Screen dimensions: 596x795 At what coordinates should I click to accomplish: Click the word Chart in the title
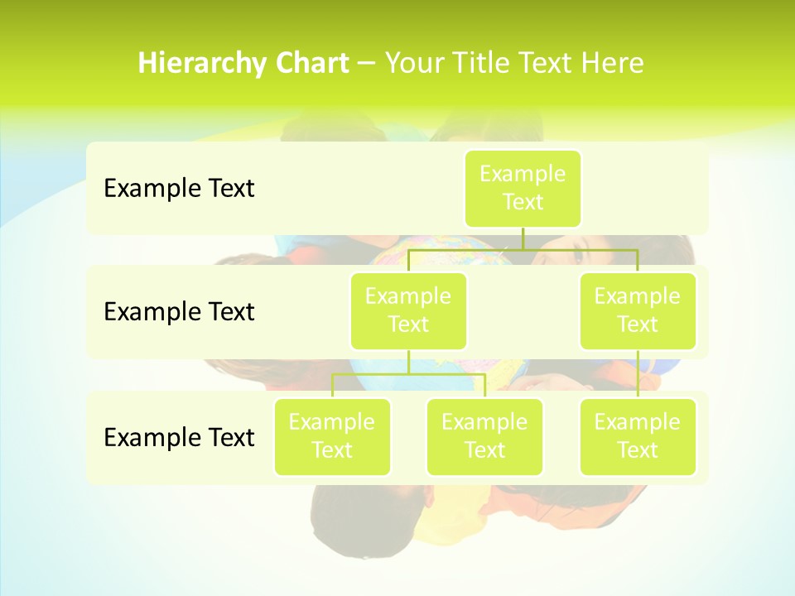[x=311, y=64]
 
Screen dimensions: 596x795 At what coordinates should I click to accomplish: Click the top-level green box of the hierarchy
[x=523, y=189]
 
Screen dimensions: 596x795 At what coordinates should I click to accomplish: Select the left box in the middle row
[x=408, y=311]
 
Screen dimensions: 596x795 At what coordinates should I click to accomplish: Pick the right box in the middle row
[x=638, y=311]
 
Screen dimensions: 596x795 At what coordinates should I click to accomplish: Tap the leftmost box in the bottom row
[x=332, y=437]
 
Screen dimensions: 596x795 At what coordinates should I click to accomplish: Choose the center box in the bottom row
[x=484, y=437]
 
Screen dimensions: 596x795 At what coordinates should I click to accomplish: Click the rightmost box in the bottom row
[x=638, y=437]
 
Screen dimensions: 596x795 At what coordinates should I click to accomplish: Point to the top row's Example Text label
[x=179, y=189]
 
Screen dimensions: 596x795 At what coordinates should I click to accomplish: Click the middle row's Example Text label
[x=179, y=312]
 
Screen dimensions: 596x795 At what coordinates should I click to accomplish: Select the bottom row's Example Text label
[x=179, y=437]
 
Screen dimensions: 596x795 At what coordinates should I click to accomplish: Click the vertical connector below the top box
[x=523, y=238]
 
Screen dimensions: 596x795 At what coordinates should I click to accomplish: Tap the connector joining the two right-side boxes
[x=638, y=374]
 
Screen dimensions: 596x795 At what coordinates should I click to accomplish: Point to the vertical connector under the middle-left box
[x=408, y=362]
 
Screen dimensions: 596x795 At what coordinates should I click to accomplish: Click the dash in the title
[x=367, y=64]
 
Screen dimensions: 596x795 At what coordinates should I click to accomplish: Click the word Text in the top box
[x=523, y=202]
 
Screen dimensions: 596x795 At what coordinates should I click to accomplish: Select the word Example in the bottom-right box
[x=638, y=422]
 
